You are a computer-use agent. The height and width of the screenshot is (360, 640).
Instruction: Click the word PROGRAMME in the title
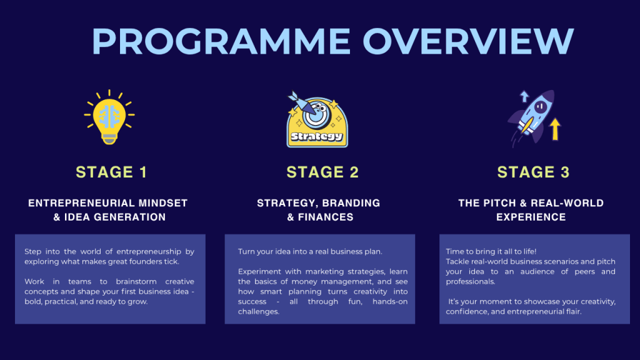point(221,41)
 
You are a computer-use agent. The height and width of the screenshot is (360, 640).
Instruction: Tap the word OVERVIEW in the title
point(468,41)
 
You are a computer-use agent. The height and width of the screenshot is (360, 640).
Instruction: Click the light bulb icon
point(109,117)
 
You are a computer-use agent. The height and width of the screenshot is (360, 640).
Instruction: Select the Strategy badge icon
point(317,119)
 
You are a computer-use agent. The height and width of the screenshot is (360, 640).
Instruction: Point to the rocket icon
point(532,117)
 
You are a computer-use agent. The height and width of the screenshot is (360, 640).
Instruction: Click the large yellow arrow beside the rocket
point(555,129)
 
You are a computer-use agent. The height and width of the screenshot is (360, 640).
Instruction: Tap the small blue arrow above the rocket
point(524,96)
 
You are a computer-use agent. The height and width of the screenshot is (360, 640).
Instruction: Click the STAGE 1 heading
point(111,172)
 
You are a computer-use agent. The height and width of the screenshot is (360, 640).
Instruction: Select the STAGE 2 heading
point(322,172)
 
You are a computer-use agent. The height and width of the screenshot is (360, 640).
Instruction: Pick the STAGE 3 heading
point(533,172)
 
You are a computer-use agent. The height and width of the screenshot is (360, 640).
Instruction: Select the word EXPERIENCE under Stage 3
point(531,217)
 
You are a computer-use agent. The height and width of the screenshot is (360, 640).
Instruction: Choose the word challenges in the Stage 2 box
point(258,312)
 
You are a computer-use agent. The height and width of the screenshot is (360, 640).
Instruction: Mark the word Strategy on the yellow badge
point(317,136)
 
